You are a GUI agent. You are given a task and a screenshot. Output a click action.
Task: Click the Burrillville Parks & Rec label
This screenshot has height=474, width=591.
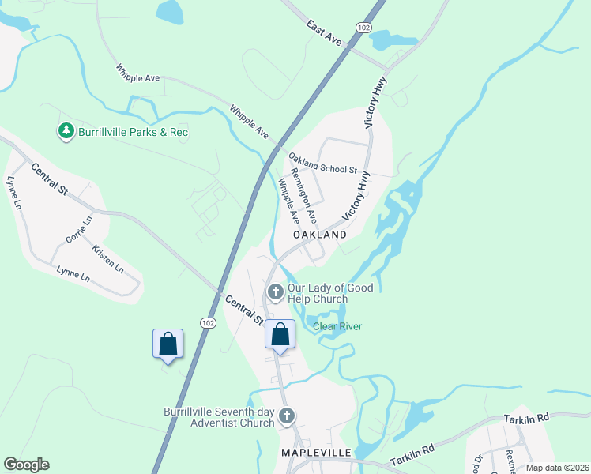[x=133, y=132]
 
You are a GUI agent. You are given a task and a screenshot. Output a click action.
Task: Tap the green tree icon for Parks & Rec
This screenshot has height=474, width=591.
[x=66, y=131]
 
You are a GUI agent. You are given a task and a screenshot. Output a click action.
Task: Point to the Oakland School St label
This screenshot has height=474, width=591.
[x=323, y=164]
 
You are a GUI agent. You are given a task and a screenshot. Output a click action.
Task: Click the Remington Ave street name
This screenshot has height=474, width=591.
[x=304, y=194]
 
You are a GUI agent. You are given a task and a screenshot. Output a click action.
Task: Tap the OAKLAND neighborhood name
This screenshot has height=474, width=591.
[x=320, y=235]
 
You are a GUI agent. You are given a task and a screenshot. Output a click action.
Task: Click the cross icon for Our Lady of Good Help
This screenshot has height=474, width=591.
[x=275, y=293]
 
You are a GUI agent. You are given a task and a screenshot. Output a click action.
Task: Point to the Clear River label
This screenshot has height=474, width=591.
[x=337, y=326]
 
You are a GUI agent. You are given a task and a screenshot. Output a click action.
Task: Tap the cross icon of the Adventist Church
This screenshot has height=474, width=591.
[x=287, y=416]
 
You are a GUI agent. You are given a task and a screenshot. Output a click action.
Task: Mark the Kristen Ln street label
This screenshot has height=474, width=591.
[x=108, y=259]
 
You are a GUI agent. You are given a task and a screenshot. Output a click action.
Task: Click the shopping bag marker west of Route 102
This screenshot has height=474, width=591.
[x=168, y=344]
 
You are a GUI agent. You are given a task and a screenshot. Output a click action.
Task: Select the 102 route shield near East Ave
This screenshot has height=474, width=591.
[x=363, y=28]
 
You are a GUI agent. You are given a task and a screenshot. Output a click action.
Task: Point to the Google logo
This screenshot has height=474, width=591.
[x=26, y=465]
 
